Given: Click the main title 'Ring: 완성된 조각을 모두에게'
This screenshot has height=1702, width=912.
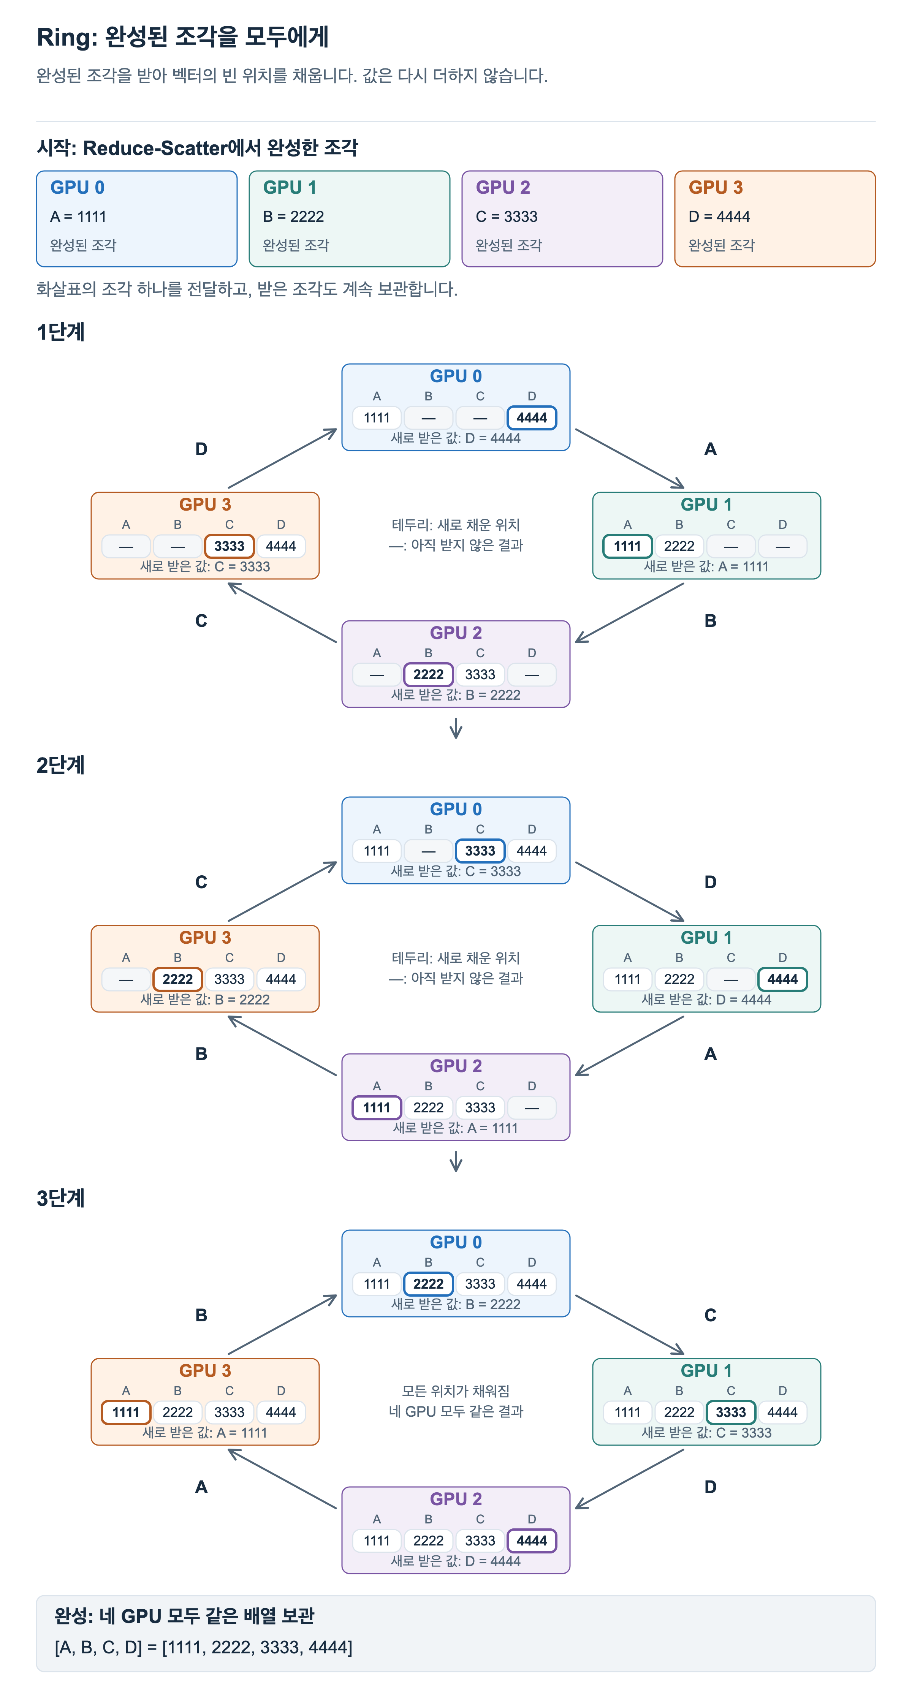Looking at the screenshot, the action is point(182,37).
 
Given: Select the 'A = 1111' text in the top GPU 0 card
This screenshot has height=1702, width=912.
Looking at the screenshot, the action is point(78,217).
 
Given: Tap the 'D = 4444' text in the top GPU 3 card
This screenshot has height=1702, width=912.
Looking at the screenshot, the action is point(719,217).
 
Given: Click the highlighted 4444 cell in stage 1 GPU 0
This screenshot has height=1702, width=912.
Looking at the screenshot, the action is point(532,418).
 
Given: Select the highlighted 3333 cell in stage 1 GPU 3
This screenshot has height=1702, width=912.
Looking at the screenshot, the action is point(229,546).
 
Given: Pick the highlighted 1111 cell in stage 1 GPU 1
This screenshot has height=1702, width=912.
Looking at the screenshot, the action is point(627,546).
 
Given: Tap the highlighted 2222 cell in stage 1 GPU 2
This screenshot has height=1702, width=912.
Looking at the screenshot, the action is point(428,675).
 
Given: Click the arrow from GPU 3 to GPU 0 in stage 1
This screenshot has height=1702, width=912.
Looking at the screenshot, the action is point(282,459).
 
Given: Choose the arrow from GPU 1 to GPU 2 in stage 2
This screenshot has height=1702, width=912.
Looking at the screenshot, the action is point(629,1046).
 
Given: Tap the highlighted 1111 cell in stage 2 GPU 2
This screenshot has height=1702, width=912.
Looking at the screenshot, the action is point(377,1107).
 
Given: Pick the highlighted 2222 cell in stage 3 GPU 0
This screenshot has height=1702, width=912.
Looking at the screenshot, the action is point(428,1284).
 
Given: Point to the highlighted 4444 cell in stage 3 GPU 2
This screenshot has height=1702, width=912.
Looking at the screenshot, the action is point(532,1541).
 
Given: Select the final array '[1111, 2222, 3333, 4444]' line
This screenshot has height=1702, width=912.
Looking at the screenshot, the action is point(204,1647).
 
